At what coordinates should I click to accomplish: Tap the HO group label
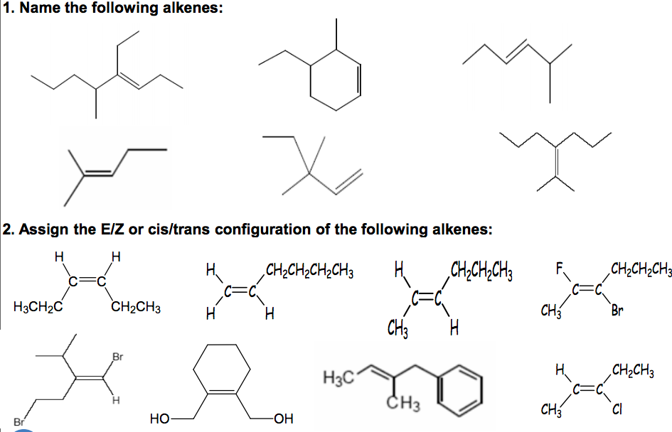[x=159, y=418]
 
